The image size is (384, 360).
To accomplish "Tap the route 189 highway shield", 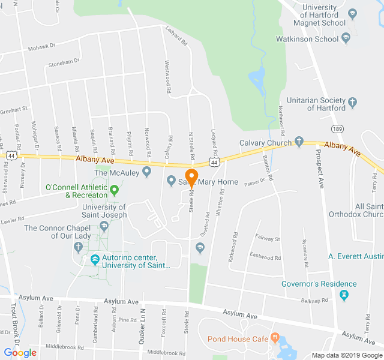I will [337, 129].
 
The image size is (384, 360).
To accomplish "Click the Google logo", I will [20, 353].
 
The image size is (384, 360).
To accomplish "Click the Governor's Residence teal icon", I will [343, 295].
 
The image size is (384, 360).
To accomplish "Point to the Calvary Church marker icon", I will [299, 142].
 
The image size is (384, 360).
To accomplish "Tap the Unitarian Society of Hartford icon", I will [352, 103].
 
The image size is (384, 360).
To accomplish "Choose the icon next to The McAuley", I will [146, 173].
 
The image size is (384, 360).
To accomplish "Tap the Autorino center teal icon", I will [95, 260].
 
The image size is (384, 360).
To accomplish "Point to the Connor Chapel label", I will [59, 232].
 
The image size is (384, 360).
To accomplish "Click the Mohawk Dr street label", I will [41, 45].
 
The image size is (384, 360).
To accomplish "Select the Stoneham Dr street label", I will [64, 62].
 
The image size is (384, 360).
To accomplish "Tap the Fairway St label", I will [268, 239].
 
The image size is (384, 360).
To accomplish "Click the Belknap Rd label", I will [316, 300].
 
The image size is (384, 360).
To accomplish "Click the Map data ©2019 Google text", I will [347, 355].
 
